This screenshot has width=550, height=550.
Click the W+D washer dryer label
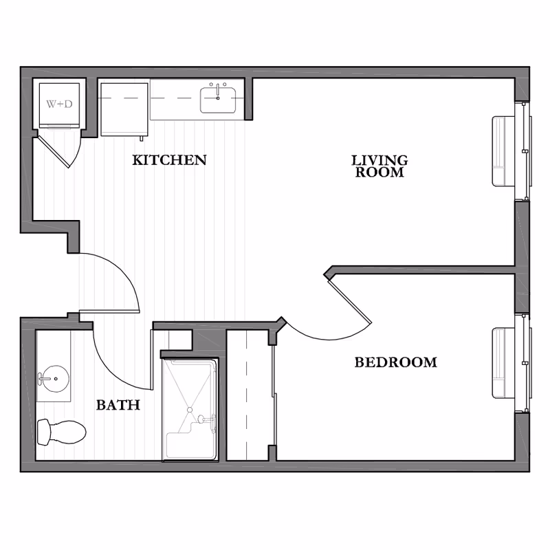pos(59,104)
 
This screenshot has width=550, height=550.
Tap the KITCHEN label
pos(169,160)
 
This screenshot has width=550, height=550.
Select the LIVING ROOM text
pos(379,166)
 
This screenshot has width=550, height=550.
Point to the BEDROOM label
pos(395,362)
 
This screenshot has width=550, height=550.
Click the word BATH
pos(118,405)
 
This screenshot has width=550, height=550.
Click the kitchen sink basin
pos(219,100)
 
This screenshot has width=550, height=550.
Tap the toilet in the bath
pos(62,432)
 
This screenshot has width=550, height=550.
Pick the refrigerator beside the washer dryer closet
pos(124,109)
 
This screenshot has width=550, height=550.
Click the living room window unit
pos(509,151)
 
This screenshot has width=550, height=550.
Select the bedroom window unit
pos(509,363)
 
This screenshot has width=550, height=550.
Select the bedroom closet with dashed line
pos(247,395)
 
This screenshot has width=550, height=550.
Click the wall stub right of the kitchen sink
pos(249,98)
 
